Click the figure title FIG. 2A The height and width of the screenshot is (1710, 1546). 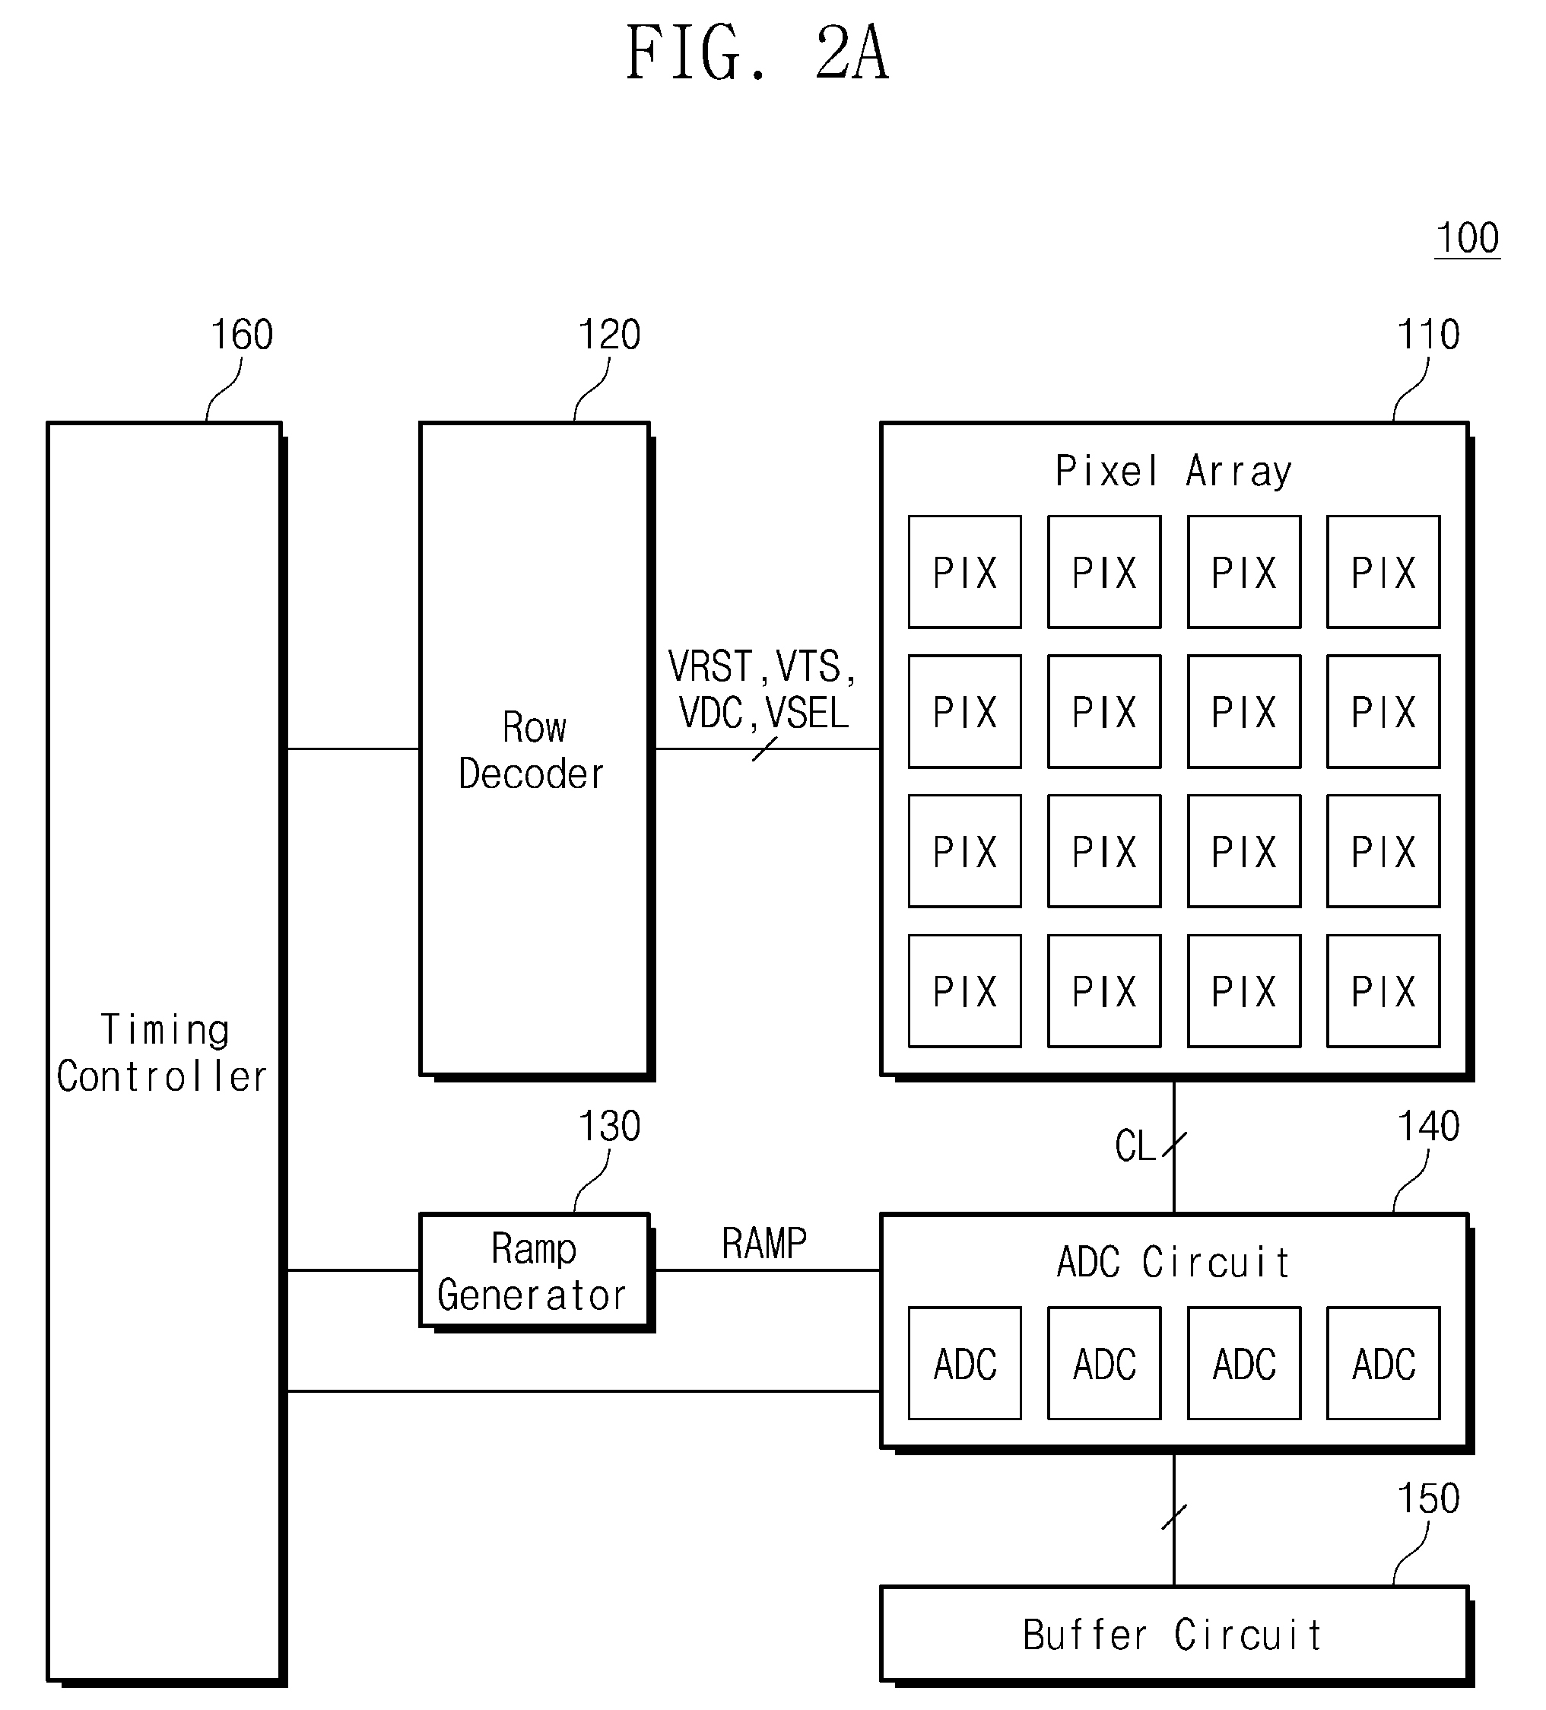click(x=757, y=53)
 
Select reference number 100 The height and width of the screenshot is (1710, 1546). click(x=1467, y=237)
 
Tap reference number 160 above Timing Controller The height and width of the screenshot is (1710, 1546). click(x=242, y=334)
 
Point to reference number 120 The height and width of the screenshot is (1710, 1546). click(x=609, y=334)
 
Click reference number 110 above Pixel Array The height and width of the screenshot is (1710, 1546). click(x=1428, y=334)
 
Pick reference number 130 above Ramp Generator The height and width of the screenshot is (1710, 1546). click(x=609, y=1127)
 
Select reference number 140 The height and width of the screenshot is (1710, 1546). click(x=1428, y=1127)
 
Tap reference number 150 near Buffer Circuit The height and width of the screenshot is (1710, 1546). click(x=1428, y=1498)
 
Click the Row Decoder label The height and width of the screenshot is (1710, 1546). click(x=532, y=751)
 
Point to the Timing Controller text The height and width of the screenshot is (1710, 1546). click(x=162, y=1054)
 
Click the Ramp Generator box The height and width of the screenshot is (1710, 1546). click(x=535, y=1270)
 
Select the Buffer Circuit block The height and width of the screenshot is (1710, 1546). click(x=1175, y=1634)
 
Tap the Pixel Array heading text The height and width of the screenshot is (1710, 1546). click(x=1173, y=471)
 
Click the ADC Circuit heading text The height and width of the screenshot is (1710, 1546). click(x=1173, y=1262)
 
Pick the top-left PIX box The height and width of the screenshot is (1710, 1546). click(x=965, y=572)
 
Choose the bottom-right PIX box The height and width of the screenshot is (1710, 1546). click(x=1384, y=990)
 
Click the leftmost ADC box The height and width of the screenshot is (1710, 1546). click(x=965, y=1363)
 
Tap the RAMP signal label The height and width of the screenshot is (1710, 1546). click(x=764, y=1244)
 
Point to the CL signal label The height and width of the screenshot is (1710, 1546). click(x=1135, y=1146)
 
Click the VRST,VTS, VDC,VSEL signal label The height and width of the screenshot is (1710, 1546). click(x=761, y=690)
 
